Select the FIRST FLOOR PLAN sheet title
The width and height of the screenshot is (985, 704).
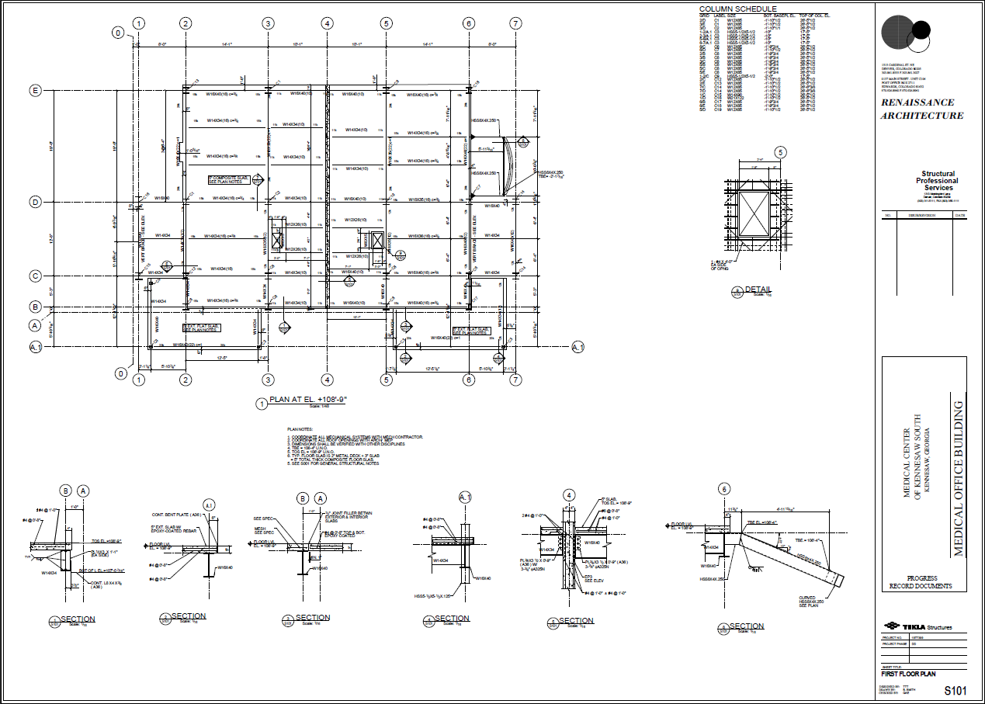[907, 675]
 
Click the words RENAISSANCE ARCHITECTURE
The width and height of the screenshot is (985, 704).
[922, 109]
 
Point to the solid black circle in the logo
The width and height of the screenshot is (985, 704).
[898, 32]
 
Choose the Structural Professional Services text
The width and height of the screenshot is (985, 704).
[938, 181]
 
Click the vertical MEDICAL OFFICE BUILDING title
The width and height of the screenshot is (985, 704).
[959, 478]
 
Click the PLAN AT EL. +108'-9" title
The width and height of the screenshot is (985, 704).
[307, 400]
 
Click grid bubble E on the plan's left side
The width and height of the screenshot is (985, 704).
[35, 91]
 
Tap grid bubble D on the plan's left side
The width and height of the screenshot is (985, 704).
[35, 203]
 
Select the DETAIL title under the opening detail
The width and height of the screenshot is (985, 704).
[758, 290]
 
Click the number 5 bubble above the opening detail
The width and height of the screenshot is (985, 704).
[780, 153]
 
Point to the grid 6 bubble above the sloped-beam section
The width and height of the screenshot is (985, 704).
[724, 489]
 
